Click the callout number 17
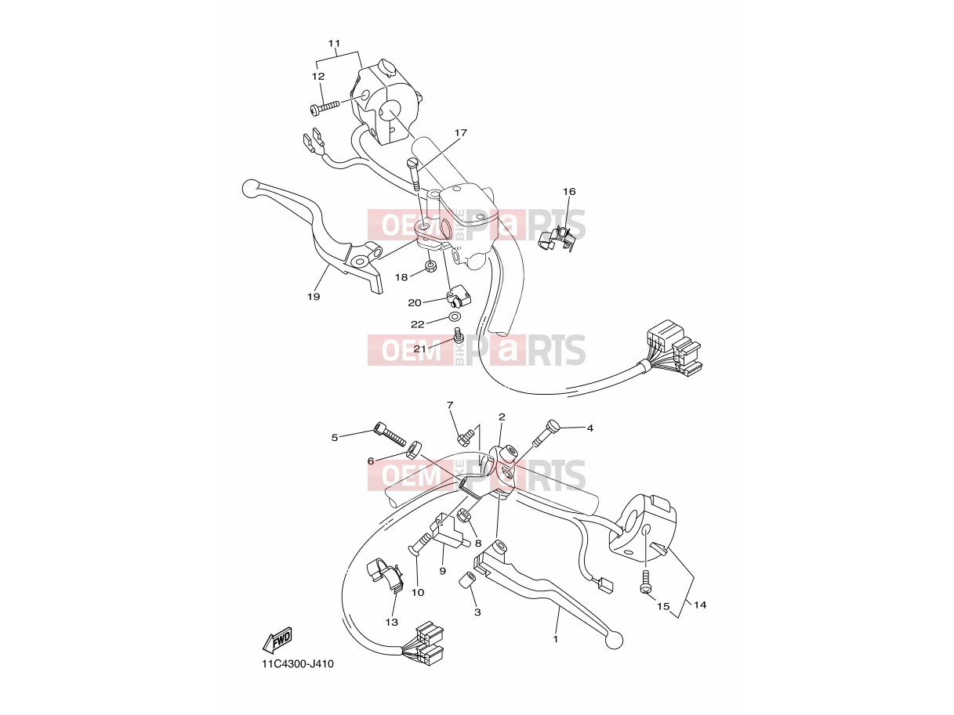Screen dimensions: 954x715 coord(461,133)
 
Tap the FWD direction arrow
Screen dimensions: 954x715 coord(277,641)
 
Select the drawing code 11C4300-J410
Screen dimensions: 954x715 coord(298,664)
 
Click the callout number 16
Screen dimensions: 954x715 coord(569,191)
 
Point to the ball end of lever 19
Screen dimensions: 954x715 coord(249,189)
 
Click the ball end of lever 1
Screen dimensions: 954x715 coord(614,641)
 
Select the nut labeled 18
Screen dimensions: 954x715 coord(430,266)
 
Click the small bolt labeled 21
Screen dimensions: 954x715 coord(459,335)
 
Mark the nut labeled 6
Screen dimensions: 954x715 coord(412,450)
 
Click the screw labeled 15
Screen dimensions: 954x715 coord(645,581)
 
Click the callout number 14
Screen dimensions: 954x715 coord(700,605)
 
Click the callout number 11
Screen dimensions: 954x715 coord(334,43)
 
